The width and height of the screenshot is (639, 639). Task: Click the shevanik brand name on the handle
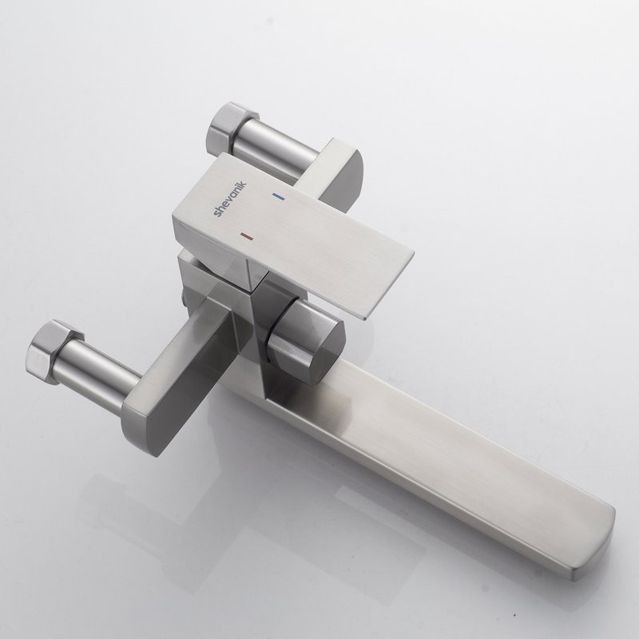tap(230, 199)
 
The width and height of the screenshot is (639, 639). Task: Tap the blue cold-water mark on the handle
tap(278, 196)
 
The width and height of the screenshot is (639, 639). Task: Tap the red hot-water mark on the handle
tap(246, 236)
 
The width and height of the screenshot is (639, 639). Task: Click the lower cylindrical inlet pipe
tap(97, 375)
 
